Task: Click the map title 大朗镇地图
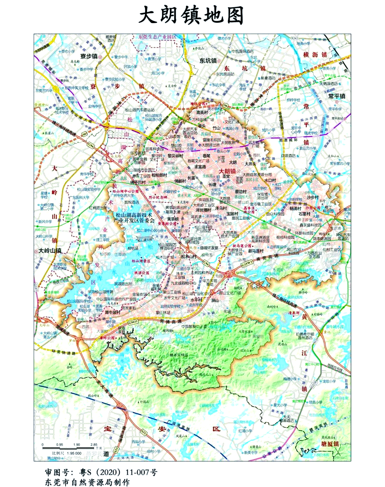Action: [x=191, y=16]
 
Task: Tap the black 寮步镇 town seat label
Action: [x=89, y=56]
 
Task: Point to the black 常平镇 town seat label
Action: [x=337, y=96]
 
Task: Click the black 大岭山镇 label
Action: [x=50, y=251]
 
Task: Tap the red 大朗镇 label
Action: [x=227, y=171]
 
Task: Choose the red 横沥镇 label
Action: [x=315, y=54]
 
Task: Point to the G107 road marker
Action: [x=36, y=287]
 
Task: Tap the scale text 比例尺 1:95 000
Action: [x=67, y=453]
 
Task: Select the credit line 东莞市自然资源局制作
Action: [x=87, y=482]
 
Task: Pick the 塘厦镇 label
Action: [x=330, y=444]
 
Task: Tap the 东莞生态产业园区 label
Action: [x=157, y=37]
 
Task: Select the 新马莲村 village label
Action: [x=256, y=251]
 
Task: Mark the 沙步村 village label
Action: [x=313, y=197]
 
